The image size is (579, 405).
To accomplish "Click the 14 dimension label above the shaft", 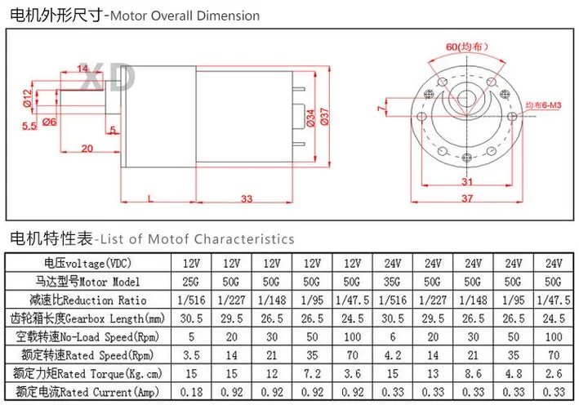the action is pos(82,68).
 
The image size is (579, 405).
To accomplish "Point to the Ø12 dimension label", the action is pos(28,98).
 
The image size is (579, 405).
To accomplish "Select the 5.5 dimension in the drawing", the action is pos(29,126).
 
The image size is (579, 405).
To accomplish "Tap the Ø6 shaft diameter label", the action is pos(49,122).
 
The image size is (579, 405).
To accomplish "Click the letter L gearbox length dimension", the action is pos(150,198).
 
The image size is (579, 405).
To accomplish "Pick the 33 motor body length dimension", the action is pos(247,198).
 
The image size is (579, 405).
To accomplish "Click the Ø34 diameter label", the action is pos(310,118).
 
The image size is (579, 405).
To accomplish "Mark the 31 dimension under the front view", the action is pos(467,181).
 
